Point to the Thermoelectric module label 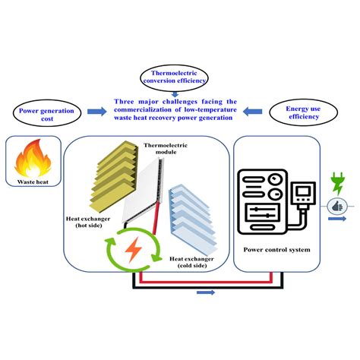(x=165, y=148)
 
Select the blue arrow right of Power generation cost (x=97, y=112)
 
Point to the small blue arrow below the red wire (x=205, y=292)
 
